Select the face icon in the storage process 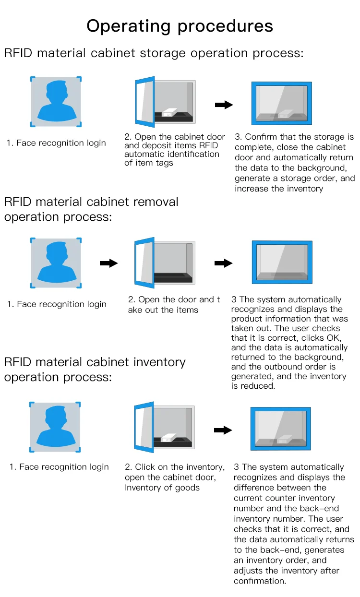click(56, 101)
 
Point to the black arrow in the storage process click(224, 105)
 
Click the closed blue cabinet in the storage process click(282, 103)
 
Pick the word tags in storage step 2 click(163, 163)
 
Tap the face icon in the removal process click(56, 263)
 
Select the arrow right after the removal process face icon click(108, 263)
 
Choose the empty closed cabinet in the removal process click(282, 262)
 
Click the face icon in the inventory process click(55, 427)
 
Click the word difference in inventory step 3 click(254, 488)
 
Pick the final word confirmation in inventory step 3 click(260, 581)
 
